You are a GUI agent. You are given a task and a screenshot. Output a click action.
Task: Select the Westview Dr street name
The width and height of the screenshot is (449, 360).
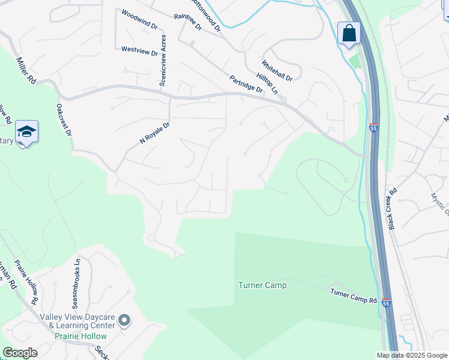(x=139, y=52)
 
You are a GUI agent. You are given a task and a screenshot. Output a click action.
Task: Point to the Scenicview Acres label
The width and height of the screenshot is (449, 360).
(x=163, y=60)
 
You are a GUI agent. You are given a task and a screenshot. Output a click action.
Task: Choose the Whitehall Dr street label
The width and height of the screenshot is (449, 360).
(x=277, y=71)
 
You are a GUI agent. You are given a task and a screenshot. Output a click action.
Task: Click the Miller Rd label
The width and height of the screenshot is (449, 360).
(x=27, y=71)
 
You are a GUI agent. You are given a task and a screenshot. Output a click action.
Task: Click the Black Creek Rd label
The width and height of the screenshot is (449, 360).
(x=393, y=210)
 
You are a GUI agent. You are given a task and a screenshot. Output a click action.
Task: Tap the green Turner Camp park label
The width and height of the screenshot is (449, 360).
(x=262, y=285)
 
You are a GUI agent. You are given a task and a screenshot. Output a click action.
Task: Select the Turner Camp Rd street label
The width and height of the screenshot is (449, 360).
(x=354, y=295)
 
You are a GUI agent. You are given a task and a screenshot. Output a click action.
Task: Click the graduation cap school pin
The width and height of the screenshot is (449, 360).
(x=26, y=132)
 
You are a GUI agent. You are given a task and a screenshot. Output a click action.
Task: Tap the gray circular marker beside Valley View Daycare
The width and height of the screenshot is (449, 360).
(x=124, y=321)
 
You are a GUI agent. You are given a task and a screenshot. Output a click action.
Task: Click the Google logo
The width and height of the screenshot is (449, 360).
(x=20, y=353)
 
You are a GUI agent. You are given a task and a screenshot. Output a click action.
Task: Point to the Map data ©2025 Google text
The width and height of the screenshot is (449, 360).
(x=412, y=355)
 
